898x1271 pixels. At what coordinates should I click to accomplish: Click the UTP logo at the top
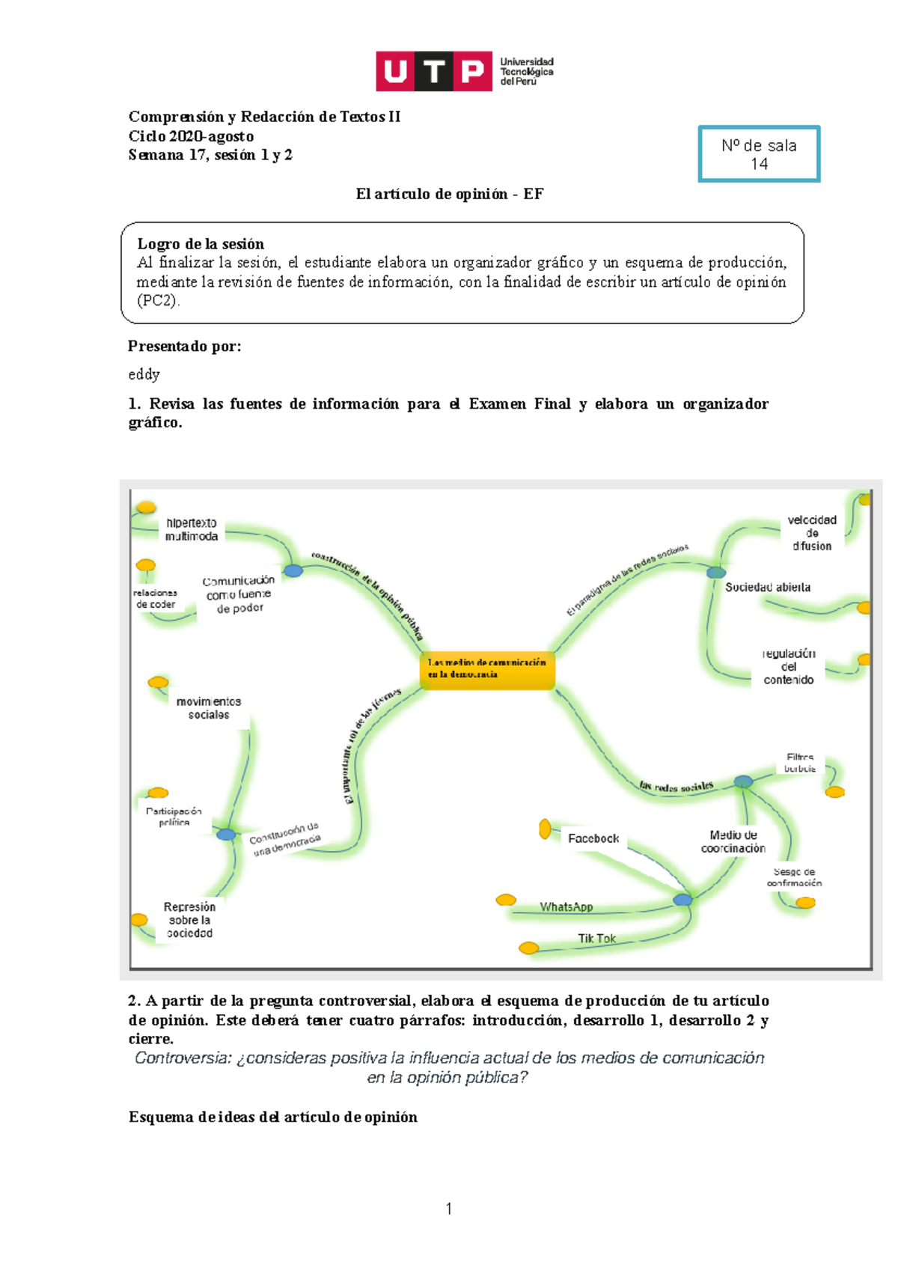click(x=464, y=71)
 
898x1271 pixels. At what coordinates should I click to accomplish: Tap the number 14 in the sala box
click(x=759, y=164)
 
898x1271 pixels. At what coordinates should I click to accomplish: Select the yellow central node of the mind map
click(x=487, y=668)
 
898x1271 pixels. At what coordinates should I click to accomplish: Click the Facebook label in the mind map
click(x=593, y=838)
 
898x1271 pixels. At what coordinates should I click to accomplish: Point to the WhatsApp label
click(x=566, y=906)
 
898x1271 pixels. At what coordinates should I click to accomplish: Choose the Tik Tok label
click(x=596, y=938)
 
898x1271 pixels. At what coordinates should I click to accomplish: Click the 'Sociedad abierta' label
click(x=767, y=588)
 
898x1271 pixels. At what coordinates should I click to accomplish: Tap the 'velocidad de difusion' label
click(x=812, y=533)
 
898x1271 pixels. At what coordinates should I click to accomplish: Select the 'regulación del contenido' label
click(x=789, y=666)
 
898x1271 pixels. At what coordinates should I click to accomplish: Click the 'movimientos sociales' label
click(x=209, y=708)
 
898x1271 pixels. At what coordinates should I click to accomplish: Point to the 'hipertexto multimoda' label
click(x=192, y=529)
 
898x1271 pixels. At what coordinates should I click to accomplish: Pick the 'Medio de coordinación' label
click(x=733, y=841)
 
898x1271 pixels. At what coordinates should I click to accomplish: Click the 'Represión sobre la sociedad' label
click(x=189, y=920)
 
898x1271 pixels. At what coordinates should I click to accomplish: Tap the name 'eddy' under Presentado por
click(x=144, y=374)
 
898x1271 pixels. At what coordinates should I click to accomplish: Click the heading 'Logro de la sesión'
click(x=201, y=244)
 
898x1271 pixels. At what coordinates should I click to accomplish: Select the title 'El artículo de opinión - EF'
click(x=450, y=194)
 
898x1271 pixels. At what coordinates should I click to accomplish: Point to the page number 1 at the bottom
click(x=449, y=1208)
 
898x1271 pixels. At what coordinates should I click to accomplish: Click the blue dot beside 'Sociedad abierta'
click(x=716, y=573)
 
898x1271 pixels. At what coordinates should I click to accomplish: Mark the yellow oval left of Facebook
click(x=545, y=829)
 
